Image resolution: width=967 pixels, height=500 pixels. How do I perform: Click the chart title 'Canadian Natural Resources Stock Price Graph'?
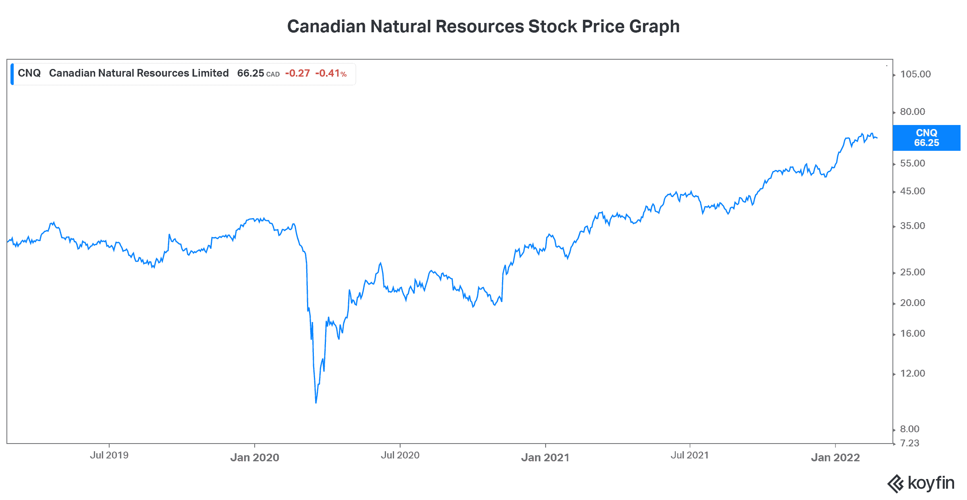[483, 27]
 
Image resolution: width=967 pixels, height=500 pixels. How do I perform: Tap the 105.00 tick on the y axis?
[915, 74]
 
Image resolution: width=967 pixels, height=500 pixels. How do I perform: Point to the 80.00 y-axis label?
[913, 112]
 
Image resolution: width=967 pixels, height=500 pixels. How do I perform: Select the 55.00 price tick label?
[913, 163]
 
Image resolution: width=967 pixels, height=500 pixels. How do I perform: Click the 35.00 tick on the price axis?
[913, 226]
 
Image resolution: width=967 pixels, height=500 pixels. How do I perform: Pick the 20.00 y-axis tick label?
[913, 303]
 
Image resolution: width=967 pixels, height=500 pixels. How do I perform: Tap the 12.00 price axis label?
[913, 373]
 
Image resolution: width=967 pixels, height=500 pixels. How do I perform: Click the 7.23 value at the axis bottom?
[910, 443]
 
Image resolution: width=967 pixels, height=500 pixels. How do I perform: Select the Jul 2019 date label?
[109, 455]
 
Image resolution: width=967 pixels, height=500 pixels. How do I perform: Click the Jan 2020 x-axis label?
[255, 457]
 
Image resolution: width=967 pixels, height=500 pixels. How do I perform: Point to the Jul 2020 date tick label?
[400, 455]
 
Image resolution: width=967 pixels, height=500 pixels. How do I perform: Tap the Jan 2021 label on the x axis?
[545, 457]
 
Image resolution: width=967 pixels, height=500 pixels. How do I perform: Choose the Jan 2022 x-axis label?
[835, 457]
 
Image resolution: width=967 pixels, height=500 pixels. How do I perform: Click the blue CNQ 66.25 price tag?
[926, 138]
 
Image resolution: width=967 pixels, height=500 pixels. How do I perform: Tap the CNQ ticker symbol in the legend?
[29, 73]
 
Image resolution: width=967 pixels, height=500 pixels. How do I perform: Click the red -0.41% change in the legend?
[331, 73]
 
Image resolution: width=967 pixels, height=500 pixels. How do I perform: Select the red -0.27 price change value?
[297, 73]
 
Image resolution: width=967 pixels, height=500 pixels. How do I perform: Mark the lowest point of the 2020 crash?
[316, 402]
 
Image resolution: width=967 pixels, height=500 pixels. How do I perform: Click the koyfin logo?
[921, 483]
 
